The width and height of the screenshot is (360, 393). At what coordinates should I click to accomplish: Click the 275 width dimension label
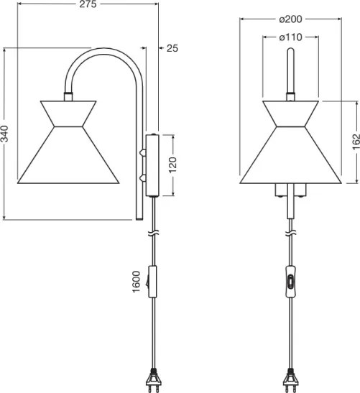(x=88, y=4)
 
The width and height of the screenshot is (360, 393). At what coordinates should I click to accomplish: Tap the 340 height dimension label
(x=4, y=134)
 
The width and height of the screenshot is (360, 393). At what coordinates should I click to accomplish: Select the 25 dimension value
(x=172, y=48)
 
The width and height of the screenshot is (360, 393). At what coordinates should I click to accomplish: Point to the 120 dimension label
(x=172, y=165)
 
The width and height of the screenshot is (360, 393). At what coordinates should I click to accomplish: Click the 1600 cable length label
(x=136, y=282)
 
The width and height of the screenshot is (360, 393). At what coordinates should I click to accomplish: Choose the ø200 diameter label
(x=290, y=19)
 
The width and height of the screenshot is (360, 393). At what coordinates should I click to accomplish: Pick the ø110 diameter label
(x=290, y=37)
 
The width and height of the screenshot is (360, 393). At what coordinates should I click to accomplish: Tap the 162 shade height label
(x=356, y=142)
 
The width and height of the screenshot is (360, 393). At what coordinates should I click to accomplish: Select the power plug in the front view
(x=290, y=381)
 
